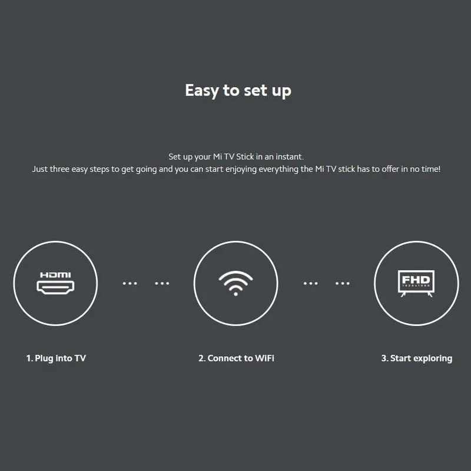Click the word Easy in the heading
coord(202,91)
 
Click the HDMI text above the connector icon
coord(55,275)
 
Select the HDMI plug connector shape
coord(55,287)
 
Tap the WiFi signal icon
coord(236,283)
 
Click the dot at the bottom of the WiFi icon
coord(236,294)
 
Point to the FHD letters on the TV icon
coord(416,280)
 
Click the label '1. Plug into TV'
coord(56,359)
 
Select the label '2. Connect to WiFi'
coord(236,358)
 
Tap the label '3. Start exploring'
coord(417,359)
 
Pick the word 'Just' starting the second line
coord(40,169)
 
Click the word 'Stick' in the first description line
coord(245,157)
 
